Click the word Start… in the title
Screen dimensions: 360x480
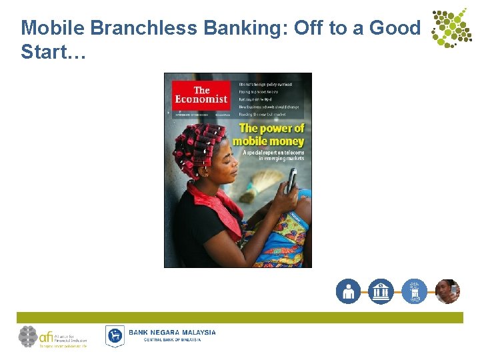tap(53, 51)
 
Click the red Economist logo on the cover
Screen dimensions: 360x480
tap(201, 96)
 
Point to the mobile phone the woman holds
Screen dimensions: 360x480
tap(291, 181)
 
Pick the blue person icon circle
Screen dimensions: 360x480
tap(348, 291)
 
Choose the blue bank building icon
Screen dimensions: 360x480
tap(381, 291)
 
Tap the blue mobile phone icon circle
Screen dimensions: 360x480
tap(414, 291)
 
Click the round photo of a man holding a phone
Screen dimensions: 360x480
tap(447, 291)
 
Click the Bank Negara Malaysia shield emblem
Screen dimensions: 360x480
tap(115, 336)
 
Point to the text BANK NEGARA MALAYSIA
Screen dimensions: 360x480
tap(172, 332)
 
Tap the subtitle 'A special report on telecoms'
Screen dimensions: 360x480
tap(273, 152)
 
